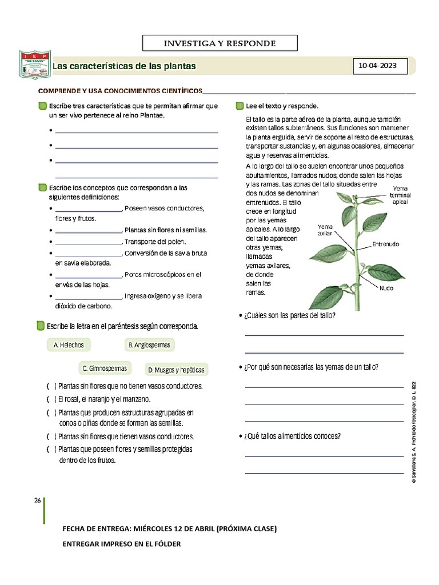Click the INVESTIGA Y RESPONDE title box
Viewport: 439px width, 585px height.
pos(220,43)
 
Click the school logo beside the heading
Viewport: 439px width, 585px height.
pos(35,66)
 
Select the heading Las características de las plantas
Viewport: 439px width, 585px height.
pos(124,67)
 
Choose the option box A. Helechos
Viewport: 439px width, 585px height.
pos(69,345)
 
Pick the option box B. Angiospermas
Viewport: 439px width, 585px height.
pos(149,345)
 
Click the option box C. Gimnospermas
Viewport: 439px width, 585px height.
pos(105,368)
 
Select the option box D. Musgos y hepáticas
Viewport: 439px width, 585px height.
pos(175,370)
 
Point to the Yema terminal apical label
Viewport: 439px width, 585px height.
pos(400,195)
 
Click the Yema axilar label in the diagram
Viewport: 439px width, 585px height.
pos(325,230)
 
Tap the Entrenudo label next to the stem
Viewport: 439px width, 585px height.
pos(385,245)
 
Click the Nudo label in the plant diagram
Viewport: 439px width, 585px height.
pos(386,288)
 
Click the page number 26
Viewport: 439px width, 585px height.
pos(37,500)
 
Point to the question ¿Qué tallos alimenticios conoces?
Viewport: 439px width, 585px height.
pos(293,436)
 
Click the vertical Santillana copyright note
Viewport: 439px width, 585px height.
pos(413,431)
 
